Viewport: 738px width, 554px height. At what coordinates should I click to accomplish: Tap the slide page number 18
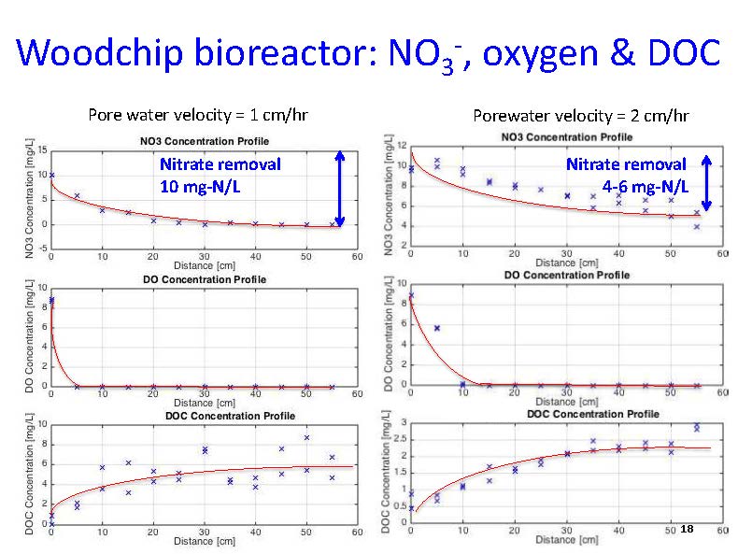point(688,530)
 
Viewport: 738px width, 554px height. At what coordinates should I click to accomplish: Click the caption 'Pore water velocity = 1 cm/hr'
point(198,116)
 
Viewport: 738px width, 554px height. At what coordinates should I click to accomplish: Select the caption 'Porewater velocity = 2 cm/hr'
point(581,116)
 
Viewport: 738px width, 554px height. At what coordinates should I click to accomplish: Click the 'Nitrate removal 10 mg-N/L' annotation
point(220,175)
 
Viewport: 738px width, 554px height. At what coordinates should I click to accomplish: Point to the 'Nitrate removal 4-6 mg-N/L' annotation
point(627,175)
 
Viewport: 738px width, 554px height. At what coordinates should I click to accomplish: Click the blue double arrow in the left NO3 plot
point(340,188)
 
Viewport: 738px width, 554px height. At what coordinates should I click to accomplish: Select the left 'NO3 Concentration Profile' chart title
point(204,141)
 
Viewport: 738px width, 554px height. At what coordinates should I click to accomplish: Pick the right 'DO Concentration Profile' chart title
point(567,275)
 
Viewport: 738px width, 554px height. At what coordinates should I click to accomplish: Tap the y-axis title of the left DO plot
point(30,336)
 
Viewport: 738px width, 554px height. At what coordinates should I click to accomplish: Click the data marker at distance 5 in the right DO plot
point(436,328)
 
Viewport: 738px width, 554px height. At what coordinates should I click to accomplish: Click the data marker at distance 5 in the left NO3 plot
point(77,196)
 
